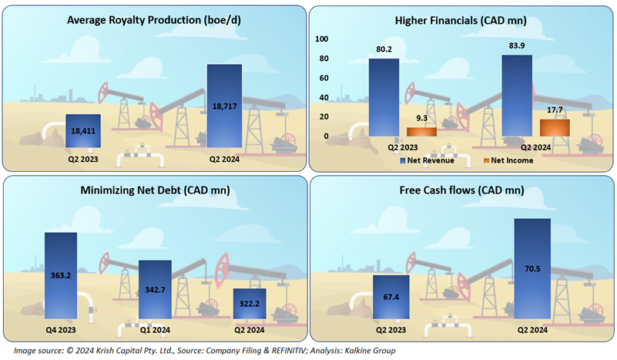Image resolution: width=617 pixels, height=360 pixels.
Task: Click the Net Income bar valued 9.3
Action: pos(421,132)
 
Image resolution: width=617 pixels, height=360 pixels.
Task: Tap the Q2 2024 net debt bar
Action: pos(250,304)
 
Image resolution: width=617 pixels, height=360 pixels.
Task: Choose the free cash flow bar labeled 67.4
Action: pos(390,298)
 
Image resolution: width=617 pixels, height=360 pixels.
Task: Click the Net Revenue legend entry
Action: pos(428,160)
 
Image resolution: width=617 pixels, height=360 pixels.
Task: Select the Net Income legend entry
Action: pos(508,160)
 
